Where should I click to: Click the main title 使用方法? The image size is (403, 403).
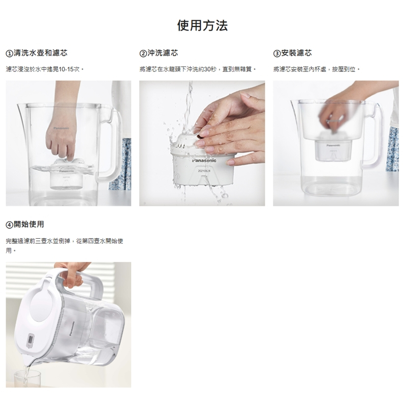pos(202,25)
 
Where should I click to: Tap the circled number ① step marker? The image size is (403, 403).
pos(9,53)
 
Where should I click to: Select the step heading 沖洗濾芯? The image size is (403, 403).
pos(163,53)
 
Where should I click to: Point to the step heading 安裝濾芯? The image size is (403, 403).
pos(296,53)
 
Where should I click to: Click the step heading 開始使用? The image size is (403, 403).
pos(29,224)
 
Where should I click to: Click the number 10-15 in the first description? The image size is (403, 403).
pos(66,70)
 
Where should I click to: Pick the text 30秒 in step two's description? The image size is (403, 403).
pos(210,70)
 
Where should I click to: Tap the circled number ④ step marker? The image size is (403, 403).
pos(9,225)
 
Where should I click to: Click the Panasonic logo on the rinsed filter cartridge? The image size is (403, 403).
pos(204,161)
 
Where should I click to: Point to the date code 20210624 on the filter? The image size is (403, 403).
pos(204,171)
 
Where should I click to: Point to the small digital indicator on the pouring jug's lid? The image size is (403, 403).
pos(30,341)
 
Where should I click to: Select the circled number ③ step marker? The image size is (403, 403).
pos(277,53)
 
